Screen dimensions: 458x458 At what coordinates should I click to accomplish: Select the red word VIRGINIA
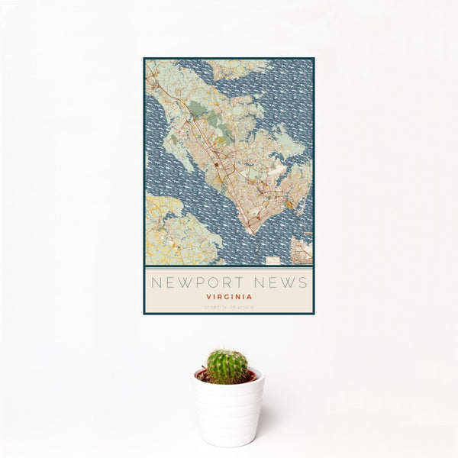pos(228,298)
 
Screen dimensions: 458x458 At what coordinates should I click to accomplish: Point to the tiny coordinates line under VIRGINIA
pos(228,308)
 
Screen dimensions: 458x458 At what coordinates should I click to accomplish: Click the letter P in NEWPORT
pos(196,282)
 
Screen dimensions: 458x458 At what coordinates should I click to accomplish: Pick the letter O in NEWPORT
pos(211,282)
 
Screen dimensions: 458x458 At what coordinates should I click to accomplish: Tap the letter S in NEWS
pos(303,282)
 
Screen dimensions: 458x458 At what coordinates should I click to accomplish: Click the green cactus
pos(227,366)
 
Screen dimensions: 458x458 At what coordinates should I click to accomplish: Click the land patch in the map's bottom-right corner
pos(302,251)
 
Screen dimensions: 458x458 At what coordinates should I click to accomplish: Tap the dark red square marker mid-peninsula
pos(217,163)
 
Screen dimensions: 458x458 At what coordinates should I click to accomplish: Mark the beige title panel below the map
pos(228,290)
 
